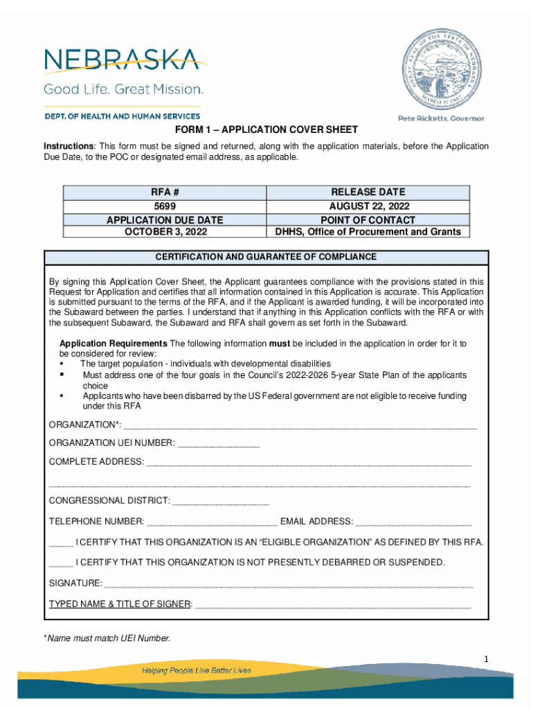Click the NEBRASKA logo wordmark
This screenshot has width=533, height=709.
[122, 60]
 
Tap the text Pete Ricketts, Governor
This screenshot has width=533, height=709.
[440, 118]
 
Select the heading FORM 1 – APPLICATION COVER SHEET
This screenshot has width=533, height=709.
[266, 130]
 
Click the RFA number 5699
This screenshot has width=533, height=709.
[164, 206]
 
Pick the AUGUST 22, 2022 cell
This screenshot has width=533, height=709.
[368, 206]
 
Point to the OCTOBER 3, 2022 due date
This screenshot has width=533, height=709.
[164, 231]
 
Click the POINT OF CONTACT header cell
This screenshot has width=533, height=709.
[368, 219]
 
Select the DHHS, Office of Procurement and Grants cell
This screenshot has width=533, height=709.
[368, 231]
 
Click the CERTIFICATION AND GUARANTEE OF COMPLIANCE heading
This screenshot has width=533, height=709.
[266, 257]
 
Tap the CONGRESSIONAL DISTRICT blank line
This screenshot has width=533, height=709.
[220, 501]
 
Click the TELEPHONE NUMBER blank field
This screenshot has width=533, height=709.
[212, 522]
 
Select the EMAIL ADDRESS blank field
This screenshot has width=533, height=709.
[413, 522]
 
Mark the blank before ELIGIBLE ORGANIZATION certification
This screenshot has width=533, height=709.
[61, 542]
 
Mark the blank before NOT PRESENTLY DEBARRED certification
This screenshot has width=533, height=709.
[61, 562]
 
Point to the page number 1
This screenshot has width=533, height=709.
[487, 658]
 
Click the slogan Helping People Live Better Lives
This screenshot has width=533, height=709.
[197, 670]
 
